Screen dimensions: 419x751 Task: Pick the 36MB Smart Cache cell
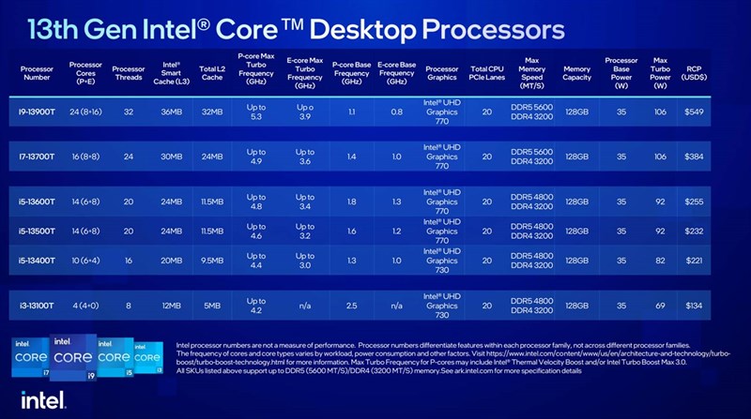pyautogui.click(x=170, y=111)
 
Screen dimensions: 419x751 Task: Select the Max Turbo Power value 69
pyautogui.click(x=660, y=305)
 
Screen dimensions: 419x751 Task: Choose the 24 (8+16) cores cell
pyautogui.click(x=85, y=111)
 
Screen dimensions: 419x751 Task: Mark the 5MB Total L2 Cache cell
pyautogui.click(x=212, y=305)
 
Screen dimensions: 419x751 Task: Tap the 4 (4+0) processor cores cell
pyautogui.click(x=85, y=305)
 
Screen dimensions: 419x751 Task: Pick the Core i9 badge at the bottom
pyautogui.click(x=73, y=356)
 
